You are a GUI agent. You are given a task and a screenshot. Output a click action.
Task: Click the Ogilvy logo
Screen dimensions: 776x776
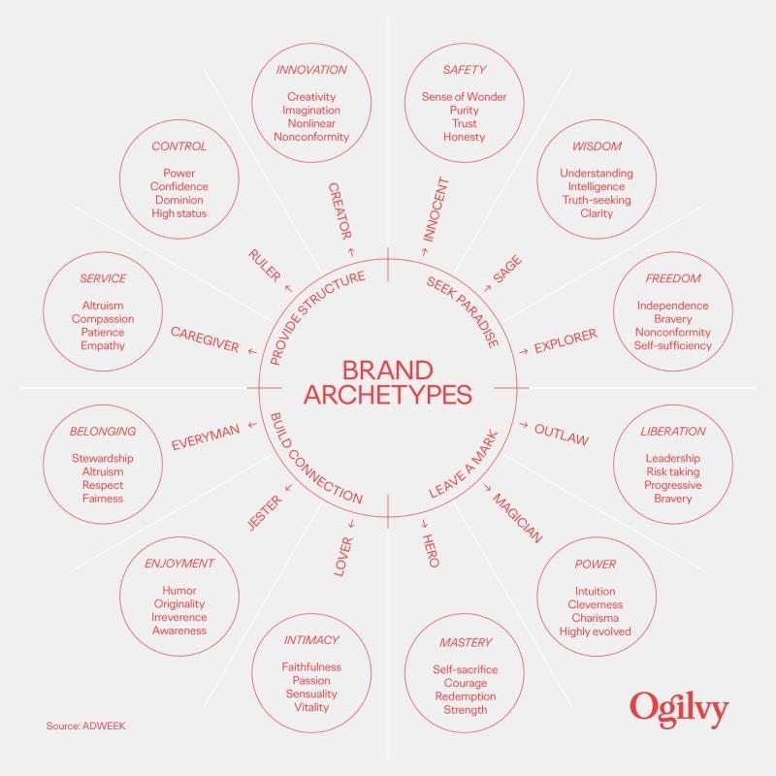[679, 710]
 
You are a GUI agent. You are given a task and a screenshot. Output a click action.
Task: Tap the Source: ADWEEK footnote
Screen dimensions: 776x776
[86, 726]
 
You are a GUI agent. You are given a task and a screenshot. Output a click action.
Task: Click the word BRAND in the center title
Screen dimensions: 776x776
[387, 371]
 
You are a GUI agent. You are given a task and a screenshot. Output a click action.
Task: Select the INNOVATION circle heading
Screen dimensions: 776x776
[311, 70]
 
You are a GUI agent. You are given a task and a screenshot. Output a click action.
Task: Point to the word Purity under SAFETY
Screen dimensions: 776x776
[465, 110]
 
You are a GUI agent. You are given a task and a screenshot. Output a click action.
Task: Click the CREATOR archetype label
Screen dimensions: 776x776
[340, 211]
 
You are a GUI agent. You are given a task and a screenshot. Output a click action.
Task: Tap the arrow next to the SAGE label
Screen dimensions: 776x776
[487, 288]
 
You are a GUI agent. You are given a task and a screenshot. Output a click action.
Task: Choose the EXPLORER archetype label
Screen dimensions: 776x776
[566, 341]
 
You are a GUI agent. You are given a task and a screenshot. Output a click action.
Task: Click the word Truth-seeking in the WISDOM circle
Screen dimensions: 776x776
[597, 200]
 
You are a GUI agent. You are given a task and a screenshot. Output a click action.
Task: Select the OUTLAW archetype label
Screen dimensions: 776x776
[562, 435]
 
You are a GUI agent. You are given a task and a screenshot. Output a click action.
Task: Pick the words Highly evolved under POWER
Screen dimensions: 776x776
[595, 631]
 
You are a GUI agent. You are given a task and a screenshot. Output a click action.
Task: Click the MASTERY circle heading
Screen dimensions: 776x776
[466, 642]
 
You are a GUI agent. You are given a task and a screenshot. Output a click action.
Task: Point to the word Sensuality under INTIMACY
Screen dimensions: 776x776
[311, 694]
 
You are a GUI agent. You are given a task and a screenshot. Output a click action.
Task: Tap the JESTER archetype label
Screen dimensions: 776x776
[265, 513]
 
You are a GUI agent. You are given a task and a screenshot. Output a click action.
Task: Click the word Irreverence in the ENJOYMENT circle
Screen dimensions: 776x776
[179, 617]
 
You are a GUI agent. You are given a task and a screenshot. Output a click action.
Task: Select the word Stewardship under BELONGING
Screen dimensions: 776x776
[103, 458]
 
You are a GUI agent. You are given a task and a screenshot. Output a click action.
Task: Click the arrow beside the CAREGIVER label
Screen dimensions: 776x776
[252, 351]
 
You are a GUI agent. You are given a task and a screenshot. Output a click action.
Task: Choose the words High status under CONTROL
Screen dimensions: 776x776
[179, 213]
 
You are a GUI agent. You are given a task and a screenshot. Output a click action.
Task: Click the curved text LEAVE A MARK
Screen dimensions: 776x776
[465, 465]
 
